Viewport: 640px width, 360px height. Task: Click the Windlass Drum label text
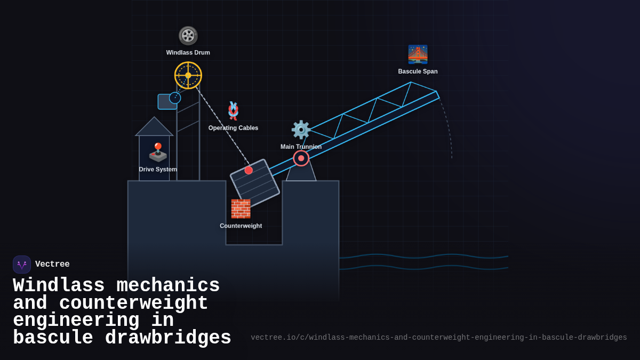[188, 53]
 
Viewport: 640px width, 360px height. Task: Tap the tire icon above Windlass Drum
[188, 36]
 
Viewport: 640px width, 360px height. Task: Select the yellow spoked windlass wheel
[188, 75]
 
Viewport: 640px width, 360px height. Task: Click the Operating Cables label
[233, 128]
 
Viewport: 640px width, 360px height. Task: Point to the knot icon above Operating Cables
[233, 110]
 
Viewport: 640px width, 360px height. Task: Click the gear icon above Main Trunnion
[301, 130]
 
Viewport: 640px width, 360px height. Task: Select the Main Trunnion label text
[301, 147]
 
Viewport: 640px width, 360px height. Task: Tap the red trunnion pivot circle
[301, 158]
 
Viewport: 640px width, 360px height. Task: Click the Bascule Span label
[418, 71]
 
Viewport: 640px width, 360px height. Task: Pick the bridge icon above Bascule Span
[418, 54]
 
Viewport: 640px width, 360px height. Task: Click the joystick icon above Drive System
[158, 153]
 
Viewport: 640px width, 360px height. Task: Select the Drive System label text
[158, 170]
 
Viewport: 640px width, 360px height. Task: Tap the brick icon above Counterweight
[241, 209]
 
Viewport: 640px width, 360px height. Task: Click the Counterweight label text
[241, 226]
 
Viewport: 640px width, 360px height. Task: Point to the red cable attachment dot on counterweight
[249, 170]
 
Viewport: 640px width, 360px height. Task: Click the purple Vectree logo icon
[22, 265]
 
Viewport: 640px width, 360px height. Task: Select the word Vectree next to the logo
[52, 265]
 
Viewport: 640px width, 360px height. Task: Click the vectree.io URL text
[438, 338]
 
